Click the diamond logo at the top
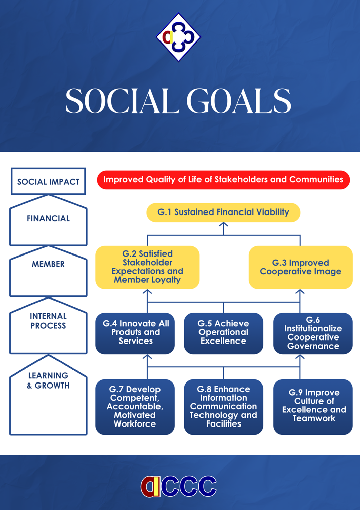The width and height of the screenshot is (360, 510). point(178,37)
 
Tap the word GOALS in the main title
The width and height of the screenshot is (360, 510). point(238,101)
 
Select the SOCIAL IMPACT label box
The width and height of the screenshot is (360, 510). point(48,182)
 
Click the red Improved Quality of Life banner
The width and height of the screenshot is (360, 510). point(223,180)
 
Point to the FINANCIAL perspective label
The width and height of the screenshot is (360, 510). point(48,219)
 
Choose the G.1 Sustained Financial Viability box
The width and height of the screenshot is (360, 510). point(223,212)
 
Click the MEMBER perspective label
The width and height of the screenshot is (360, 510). point(48,264)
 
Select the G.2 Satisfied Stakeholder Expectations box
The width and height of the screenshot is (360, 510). point(147,267)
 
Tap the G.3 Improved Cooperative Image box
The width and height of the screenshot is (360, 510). point(300,267)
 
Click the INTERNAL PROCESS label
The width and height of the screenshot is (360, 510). point(48,321)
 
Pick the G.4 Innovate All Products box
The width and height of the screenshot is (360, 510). point(135,333)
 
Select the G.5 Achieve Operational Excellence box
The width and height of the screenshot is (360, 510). point(223,333)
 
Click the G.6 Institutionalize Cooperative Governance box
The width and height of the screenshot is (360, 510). point(313,333)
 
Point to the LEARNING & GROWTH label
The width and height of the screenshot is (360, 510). point(48,380)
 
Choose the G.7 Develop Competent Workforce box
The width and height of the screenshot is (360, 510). point(135,407)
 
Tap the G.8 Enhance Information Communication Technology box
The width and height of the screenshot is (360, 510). point(223,407)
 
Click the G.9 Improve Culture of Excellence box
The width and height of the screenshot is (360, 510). point(313,406)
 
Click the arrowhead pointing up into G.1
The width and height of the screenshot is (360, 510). point(223,225)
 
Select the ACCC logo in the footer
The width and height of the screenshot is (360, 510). point(178,486)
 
